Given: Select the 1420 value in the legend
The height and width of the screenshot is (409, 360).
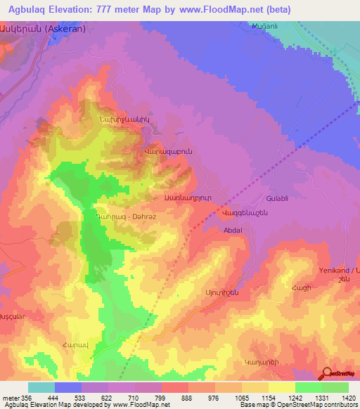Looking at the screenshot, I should [x=348, y=397].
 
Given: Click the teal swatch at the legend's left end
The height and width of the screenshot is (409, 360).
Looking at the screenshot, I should [x=41, y=387].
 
